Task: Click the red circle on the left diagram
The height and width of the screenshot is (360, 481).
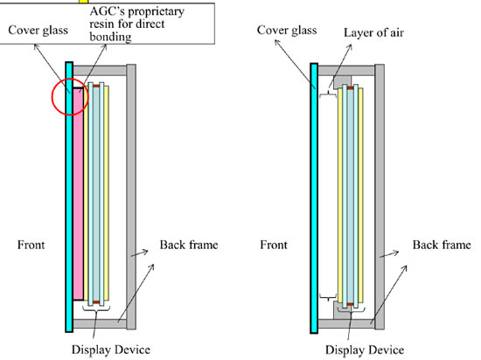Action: click(52, 98)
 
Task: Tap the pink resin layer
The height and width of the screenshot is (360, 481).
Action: click(78, 194)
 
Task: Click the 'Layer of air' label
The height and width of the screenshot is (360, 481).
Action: click(373, 33)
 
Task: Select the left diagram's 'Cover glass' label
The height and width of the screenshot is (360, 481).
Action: click(38, 30)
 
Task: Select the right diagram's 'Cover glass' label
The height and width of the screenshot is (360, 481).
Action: click(287, 30)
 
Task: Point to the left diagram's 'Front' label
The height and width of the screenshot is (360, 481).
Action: click(31, 245)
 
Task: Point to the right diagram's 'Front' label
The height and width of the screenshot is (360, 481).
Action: click(274, 245)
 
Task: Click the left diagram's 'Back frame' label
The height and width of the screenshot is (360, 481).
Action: click(189, 245)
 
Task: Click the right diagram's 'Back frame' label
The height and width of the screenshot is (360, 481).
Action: click(442, 245)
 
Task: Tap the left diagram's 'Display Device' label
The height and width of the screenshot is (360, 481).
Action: click(111, 350)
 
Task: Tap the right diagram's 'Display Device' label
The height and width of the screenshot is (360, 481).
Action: click(365, 350)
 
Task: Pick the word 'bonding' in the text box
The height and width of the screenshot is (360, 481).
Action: click(110, 37)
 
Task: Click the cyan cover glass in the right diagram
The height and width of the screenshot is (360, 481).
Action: click(314, 198)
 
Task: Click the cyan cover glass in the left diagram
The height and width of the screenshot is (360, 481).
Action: click(69, 197)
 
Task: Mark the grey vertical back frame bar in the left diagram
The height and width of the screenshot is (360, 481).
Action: click(131, 197)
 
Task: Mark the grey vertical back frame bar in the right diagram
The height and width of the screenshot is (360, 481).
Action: click(380, 197)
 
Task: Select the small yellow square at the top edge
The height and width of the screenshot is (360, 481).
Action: click(83, 2)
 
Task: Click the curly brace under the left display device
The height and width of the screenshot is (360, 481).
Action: click(96, 308)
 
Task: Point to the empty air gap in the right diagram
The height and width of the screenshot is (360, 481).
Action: click(328, 196)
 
